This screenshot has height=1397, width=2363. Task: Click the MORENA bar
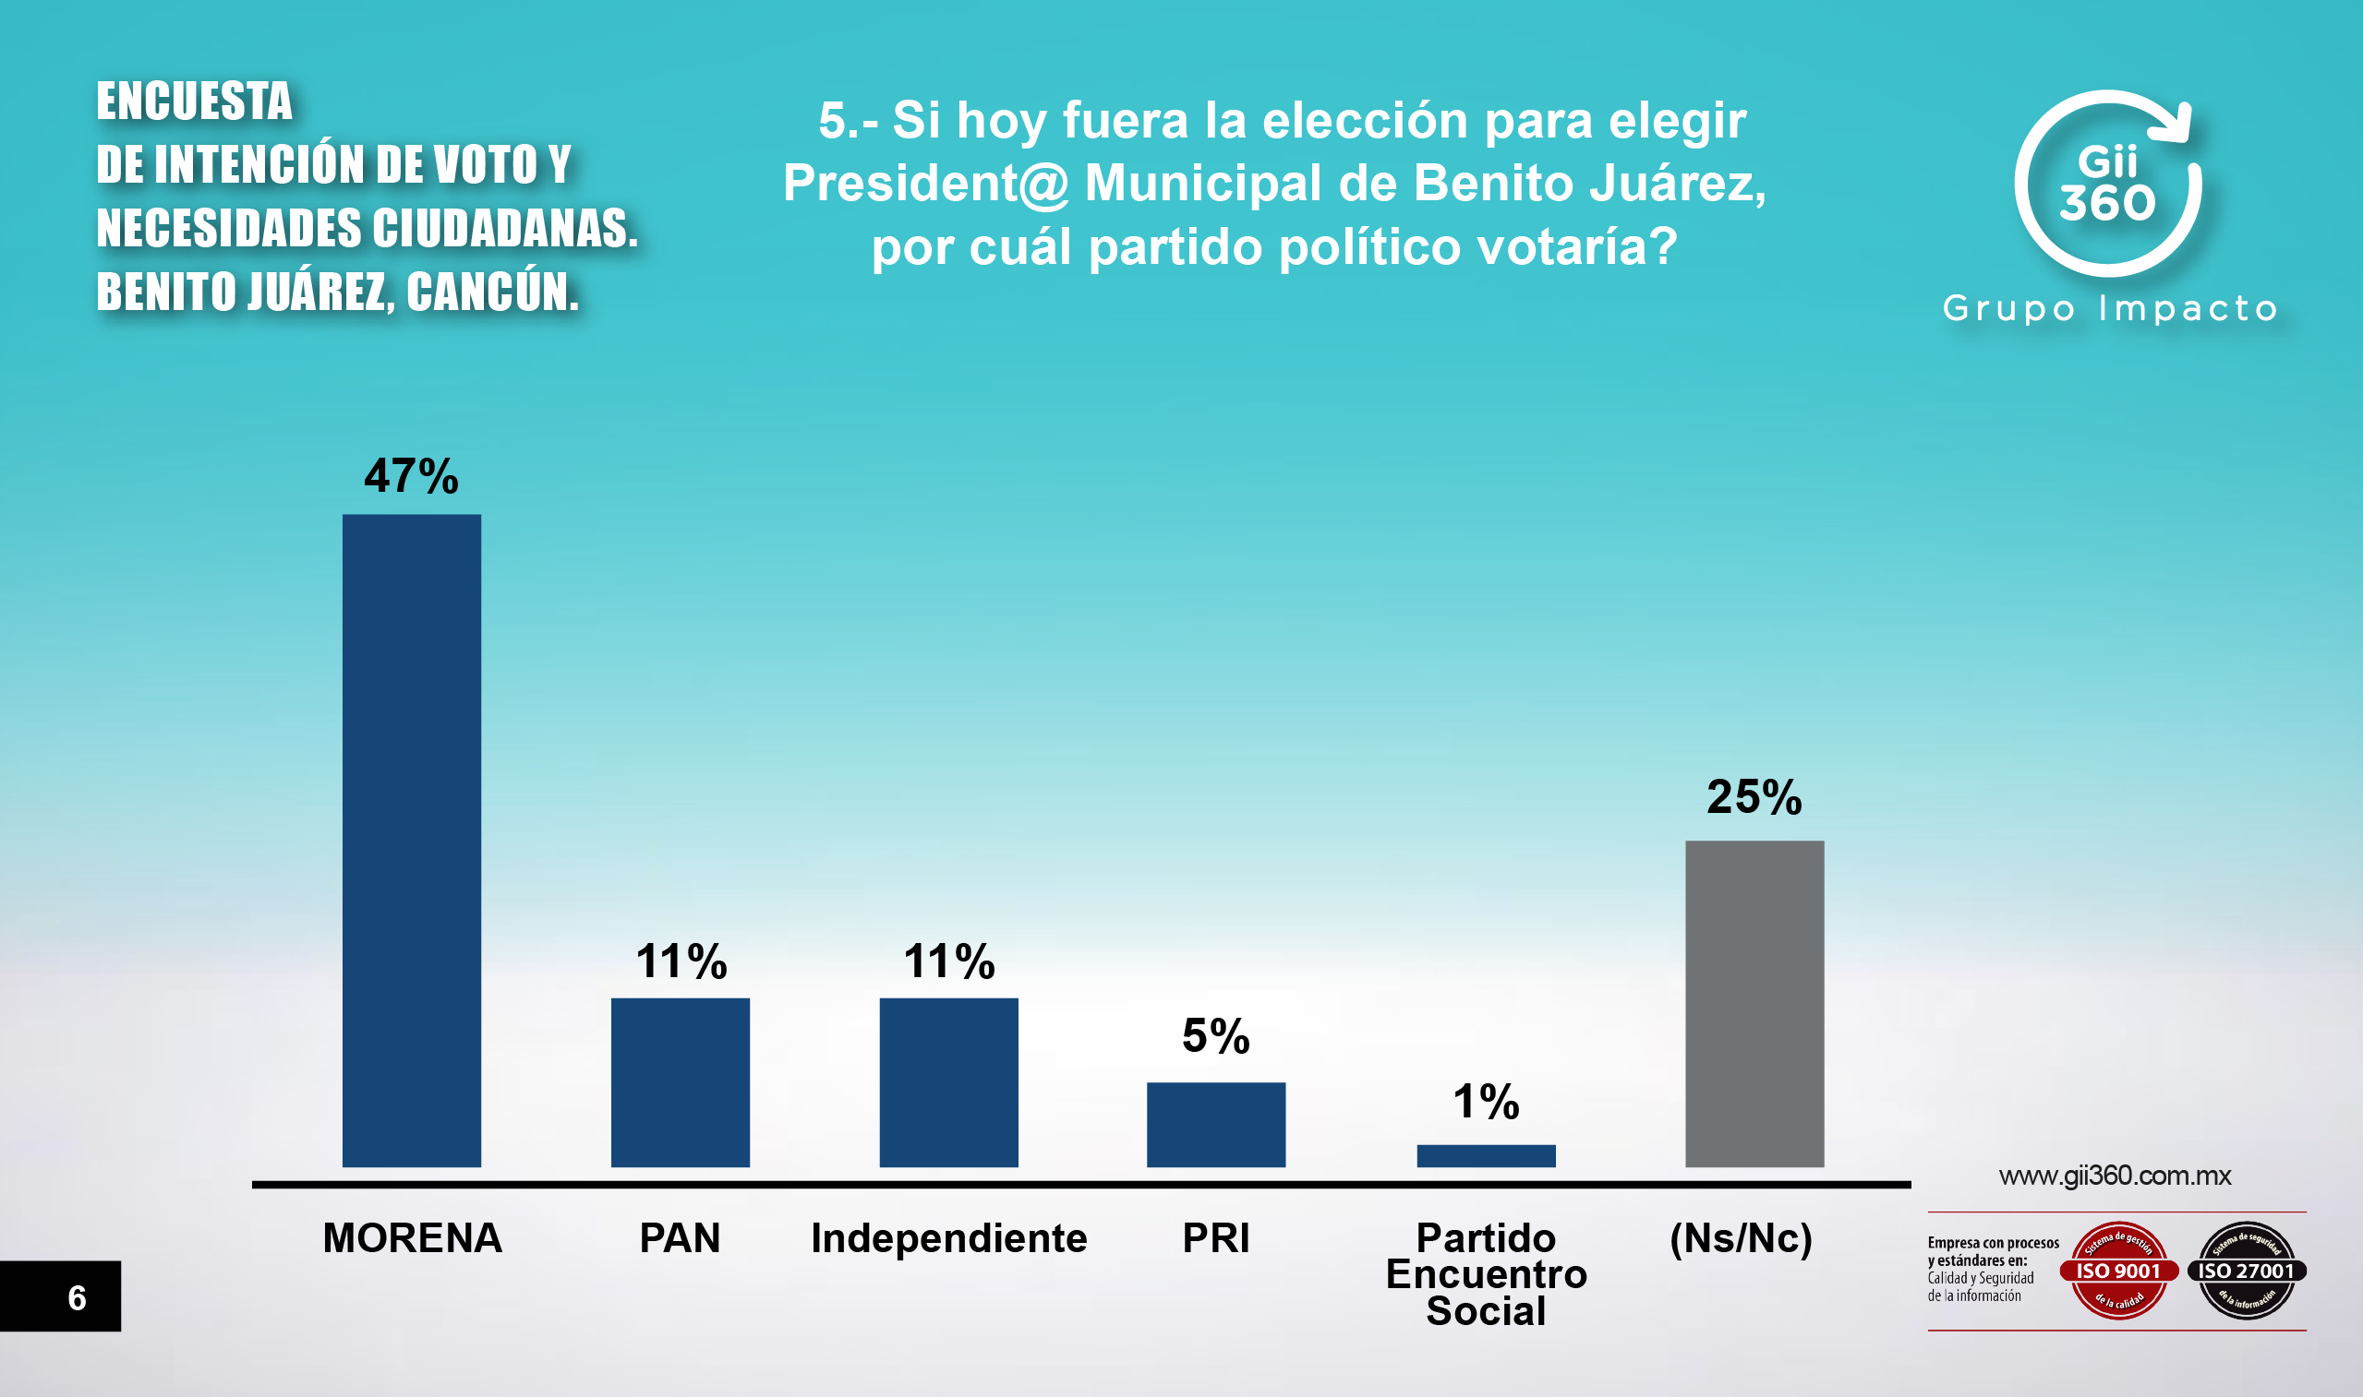click(x=412, y=840)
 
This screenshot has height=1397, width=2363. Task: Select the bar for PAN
click(x=680, y=1081)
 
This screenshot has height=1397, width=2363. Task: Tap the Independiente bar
click(x=948, y=1081)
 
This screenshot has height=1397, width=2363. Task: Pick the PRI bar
click(x=1216, y=1124)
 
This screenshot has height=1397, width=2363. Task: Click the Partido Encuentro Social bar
click(x=1486, y=1155)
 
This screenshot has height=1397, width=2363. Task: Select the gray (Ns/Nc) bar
click(x=1754, y=1004)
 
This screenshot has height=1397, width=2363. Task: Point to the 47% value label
click(x=412, y=476)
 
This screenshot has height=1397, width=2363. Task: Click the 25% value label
click(x=1754, y=797)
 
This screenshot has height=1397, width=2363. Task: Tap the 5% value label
click(x=1216, y=1036)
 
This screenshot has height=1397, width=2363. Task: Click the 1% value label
click(x=1486, y=1103)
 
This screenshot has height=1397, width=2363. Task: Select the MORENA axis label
click(x=412, y=1238)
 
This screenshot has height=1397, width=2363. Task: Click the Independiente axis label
click(x=948, y=1238)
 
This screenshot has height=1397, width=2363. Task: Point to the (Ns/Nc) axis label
click(x=1741, y=1238)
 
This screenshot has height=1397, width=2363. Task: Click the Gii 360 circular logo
click(x=2108, y=184)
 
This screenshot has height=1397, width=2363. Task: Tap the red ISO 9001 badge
click(x=2118, y=1270)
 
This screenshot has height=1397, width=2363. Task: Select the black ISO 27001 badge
click(x=2247, y=1270)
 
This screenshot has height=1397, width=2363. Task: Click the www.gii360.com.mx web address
click(x=2115, y=1176)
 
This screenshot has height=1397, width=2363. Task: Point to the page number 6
click(x=78, y=1298)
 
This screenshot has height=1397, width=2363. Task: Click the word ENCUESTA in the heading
click(x=194, y=101)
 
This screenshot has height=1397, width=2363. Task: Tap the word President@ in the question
click(x=926, y=183)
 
